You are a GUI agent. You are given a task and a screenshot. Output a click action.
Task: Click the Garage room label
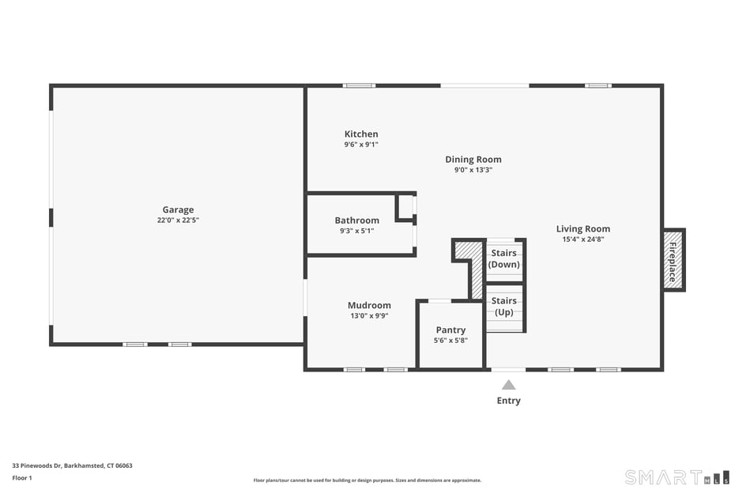[178, 209]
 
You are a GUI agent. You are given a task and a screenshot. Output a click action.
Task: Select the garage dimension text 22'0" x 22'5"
[178, 220]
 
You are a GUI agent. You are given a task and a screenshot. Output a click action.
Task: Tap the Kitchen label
[361, 134]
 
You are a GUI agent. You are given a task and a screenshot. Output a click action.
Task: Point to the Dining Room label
[473, 160]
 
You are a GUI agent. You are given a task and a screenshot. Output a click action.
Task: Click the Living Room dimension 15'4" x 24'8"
[582, 239]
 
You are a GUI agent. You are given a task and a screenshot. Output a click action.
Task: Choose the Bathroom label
[356, 220]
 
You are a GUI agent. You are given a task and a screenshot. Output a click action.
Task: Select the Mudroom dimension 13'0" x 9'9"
[369, 316]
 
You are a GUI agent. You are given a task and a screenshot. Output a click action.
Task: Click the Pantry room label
[450, 330]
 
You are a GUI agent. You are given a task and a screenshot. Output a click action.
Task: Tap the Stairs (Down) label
[504, 259]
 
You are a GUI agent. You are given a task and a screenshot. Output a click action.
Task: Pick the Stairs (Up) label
[504, 307]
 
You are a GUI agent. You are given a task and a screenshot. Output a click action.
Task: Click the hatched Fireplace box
[673, 261]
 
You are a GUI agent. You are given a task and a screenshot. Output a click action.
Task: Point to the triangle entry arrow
[508, 385]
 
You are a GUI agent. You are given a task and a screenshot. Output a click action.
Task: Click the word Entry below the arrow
[508, 401]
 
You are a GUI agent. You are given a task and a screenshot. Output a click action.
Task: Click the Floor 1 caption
[22, 478]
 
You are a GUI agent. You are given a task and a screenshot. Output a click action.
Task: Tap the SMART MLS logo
[677, 477]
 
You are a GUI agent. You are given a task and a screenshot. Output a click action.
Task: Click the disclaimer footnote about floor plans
[367, 481]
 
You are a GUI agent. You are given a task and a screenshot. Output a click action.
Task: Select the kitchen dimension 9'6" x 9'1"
[361, 145]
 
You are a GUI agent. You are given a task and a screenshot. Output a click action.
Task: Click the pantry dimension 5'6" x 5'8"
[450, 341]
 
